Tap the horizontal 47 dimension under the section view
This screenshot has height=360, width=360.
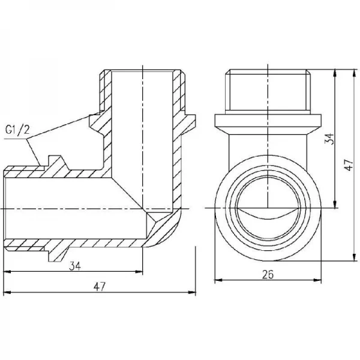[100, 286]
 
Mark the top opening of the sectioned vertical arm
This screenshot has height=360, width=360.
[142, 72]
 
